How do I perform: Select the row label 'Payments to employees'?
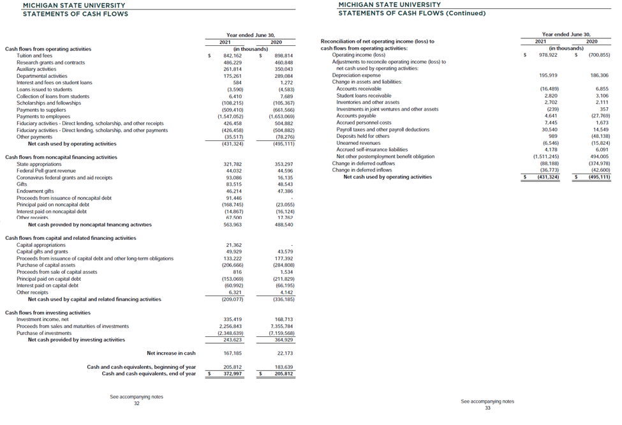tap(43, 116)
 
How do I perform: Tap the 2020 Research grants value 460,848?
tap(283, 63)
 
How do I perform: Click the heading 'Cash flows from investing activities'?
tap(48, 313)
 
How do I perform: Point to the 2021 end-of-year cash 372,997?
tap(232, 373)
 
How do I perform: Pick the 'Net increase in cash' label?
tap(171, 353)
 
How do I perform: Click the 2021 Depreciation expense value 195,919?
tap(549, 75)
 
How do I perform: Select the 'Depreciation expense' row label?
tap(356, 75)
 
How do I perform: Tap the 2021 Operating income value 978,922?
tap(549, 56)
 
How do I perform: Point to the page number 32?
tap(137, 403)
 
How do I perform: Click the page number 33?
tap(487, 408)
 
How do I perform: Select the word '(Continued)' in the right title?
tap(465, 13)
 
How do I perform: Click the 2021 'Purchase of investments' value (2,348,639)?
tap(230, 333)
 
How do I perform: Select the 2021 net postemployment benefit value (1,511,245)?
tap(546, 156)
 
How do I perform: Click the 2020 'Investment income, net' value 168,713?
tap(283, 319)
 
